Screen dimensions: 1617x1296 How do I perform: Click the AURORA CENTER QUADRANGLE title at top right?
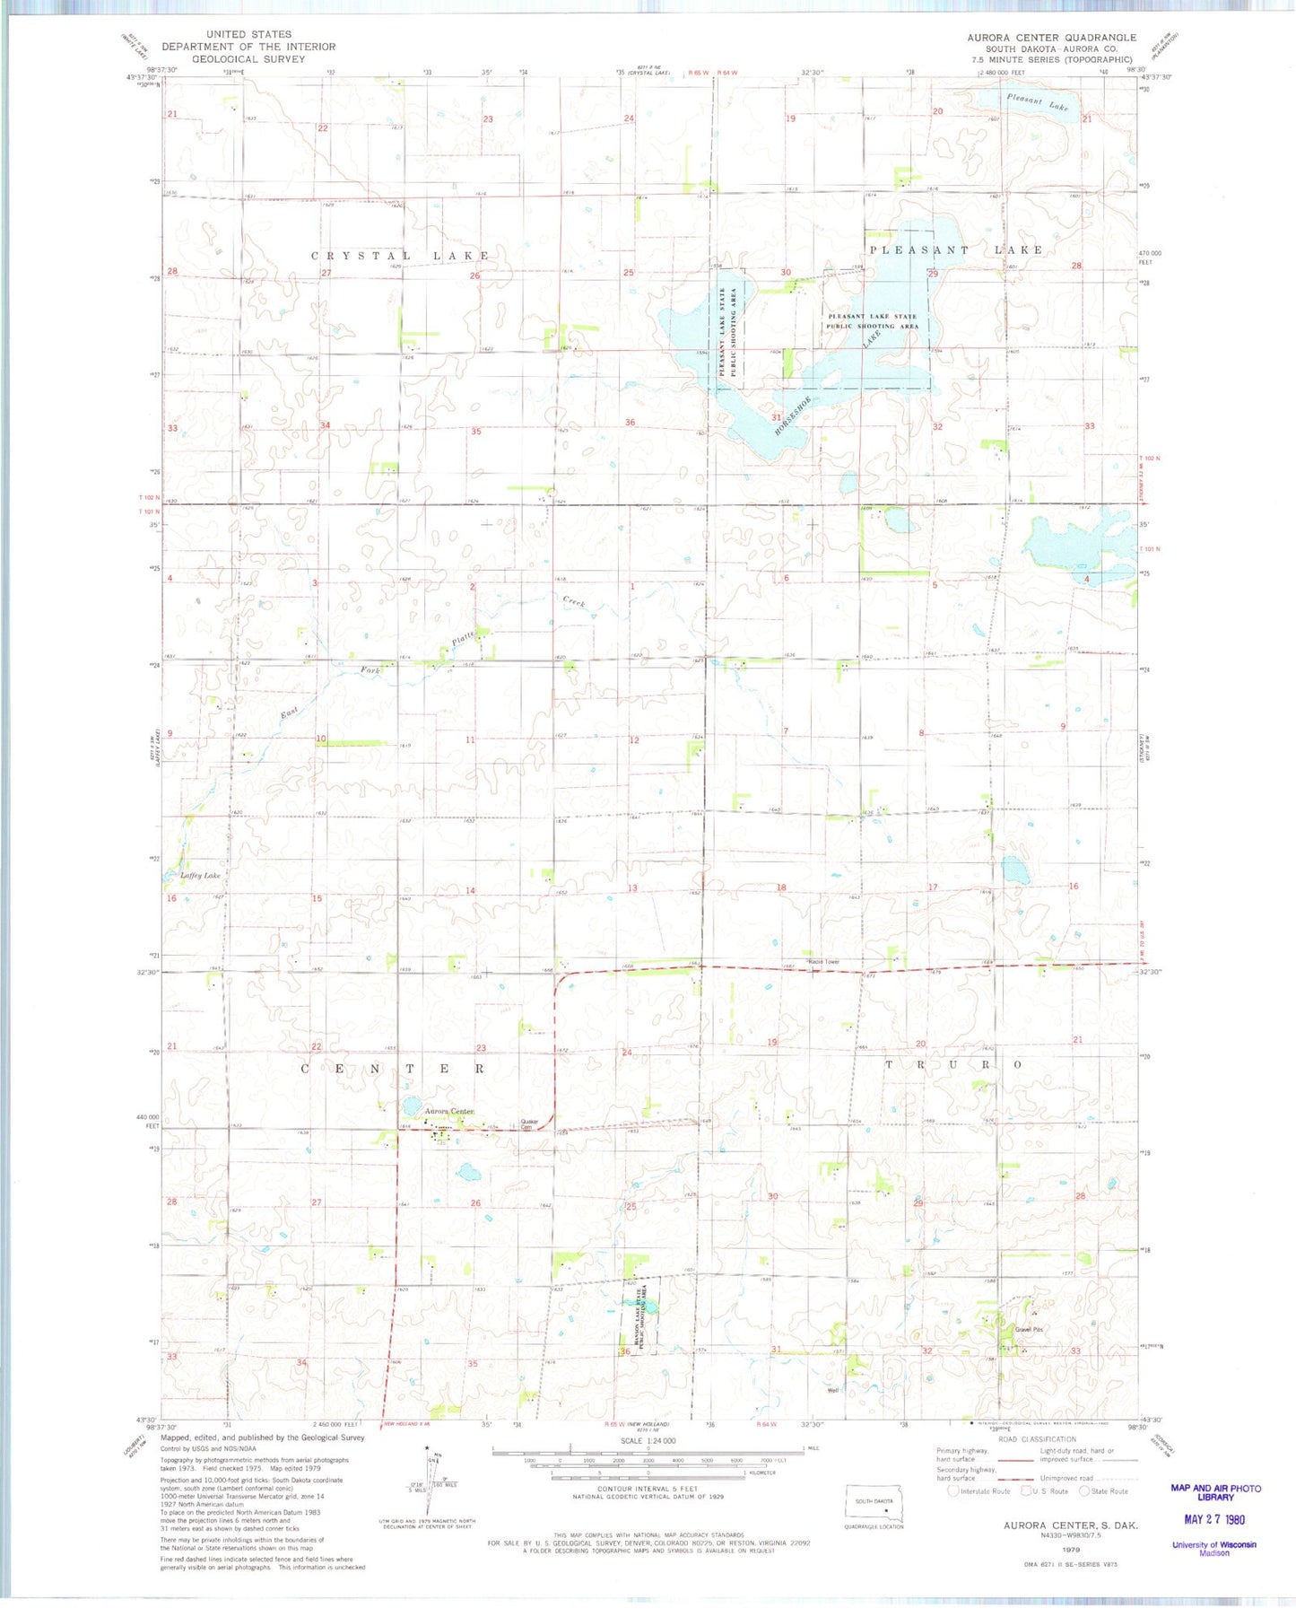click(1051, 38)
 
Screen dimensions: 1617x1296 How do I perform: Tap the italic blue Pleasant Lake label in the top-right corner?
click(1038, 102)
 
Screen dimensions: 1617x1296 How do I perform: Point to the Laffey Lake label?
click(200, 875)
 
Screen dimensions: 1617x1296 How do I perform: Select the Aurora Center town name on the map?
click(449, 1111)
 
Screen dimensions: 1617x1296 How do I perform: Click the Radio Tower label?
click(824, 962)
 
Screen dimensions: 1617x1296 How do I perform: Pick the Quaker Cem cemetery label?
click(529, 1124)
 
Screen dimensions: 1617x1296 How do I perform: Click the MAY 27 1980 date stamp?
click(1213, 1519)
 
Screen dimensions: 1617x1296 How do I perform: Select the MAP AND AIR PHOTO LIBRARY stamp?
click(1215, 1492)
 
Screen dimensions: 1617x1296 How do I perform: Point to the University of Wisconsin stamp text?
click(1213, 1545)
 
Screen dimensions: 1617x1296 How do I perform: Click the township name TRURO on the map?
click(953, 1065)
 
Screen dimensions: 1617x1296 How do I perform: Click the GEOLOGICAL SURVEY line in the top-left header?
click(248, 59)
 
